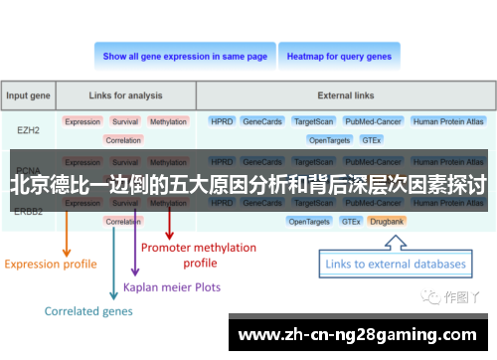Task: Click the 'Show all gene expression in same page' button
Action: (185, 57)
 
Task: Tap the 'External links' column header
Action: (347, 96)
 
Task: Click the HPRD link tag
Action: (222, 121)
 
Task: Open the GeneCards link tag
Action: (262, 121)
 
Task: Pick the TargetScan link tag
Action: (313, 121)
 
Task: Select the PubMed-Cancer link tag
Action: (373, 121)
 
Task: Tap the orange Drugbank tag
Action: (385, 221)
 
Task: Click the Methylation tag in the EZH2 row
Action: (168, 121)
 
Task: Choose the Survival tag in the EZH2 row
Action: (125, 121)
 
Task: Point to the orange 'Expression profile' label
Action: (51, 264)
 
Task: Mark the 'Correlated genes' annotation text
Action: (88, 311)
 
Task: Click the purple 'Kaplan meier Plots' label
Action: (172, 286)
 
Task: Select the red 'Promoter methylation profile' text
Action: (199, 255)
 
